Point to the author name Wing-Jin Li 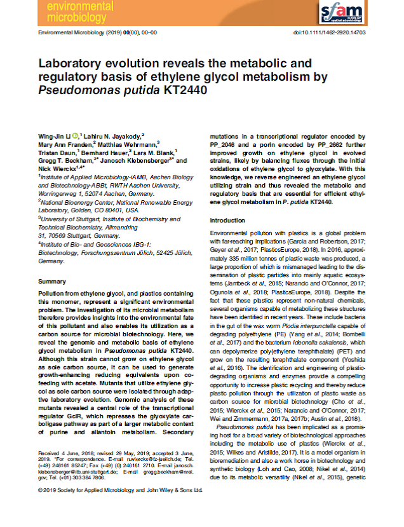click(x=54, y=136)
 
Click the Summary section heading click(x=52, y=280)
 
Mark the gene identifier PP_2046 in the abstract click(x=227, y=144)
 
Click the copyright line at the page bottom click(x=120, y=508)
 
